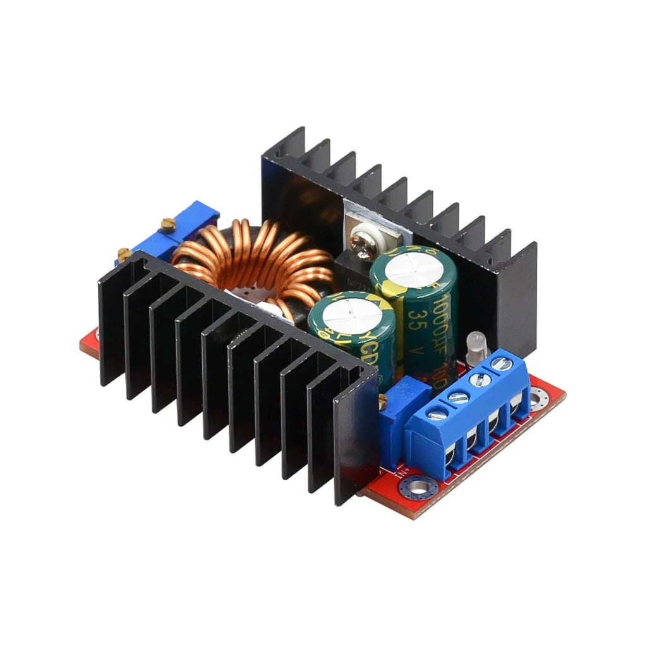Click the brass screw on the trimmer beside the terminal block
384,399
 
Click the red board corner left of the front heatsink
88,344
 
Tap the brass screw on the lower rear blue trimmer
124,254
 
